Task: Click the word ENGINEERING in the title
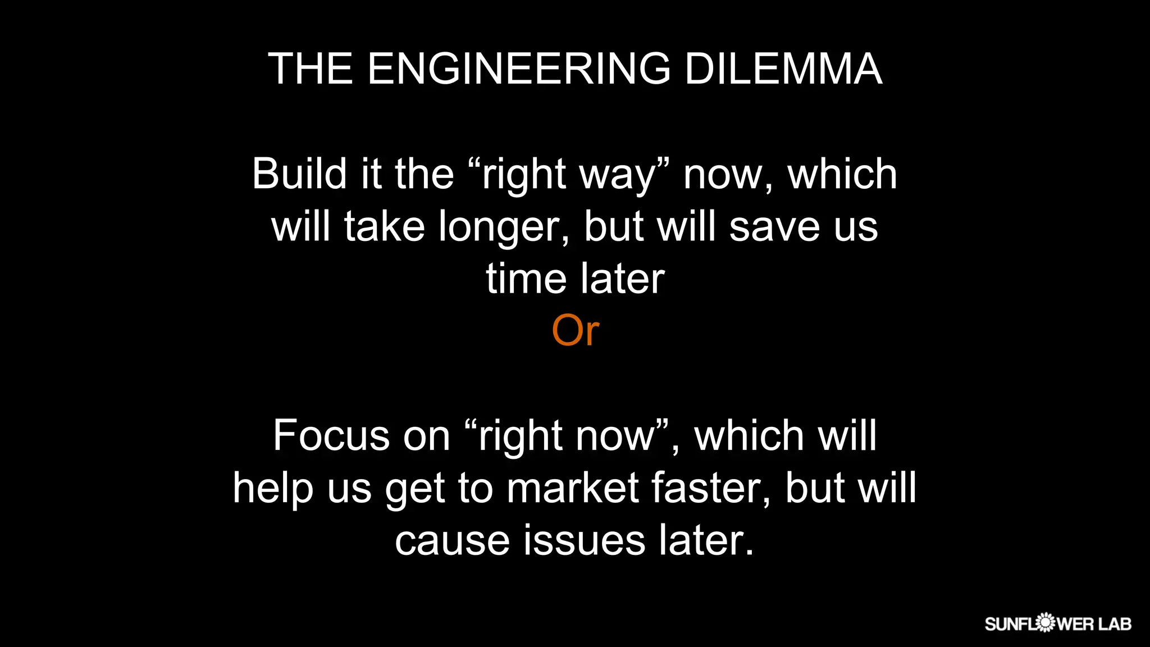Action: tap(519, 69)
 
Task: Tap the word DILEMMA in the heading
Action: tap(783, 69)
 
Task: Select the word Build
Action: tap(299, 174)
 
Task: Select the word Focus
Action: tap(331, 435)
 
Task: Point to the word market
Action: tap(572, 487)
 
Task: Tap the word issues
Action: tap(585, 540)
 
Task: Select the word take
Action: tap(384, 226)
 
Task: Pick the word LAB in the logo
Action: tap(1115, 623)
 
